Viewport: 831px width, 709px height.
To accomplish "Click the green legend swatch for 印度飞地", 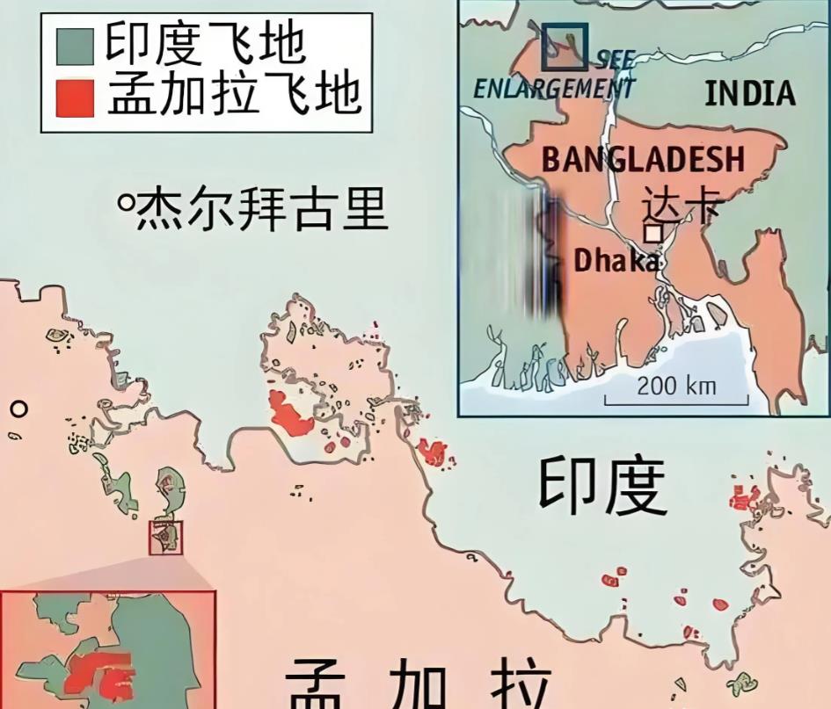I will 76,45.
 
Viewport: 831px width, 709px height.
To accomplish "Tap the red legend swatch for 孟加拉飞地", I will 76,96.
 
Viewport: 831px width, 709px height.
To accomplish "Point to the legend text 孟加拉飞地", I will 234,94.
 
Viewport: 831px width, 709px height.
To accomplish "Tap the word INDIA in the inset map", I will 749,93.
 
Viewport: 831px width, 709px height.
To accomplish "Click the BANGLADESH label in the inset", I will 643,159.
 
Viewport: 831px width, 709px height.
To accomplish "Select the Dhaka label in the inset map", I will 616,260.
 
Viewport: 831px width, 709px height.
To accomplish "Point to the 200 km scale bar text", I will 676,385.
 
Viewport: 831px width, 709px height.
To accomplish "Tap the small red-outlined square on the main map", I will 165,537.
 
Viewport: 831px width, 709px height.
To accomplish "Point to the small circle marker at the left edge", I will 18,409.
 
